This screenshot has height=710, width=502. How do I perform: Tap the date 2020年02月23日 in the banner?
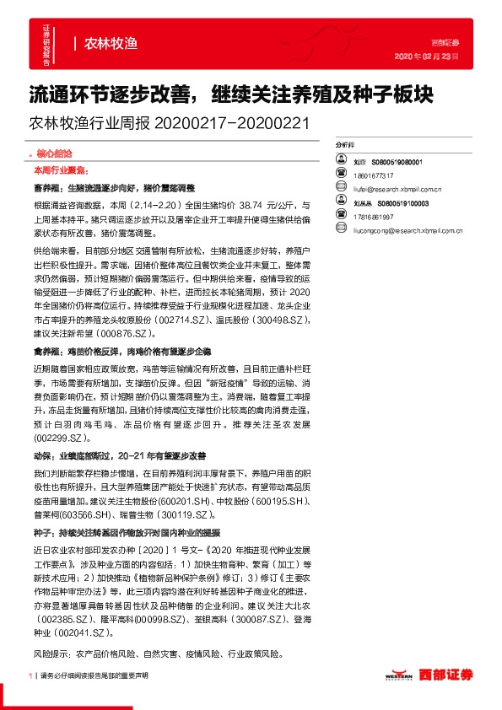(x=427, y=56)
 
